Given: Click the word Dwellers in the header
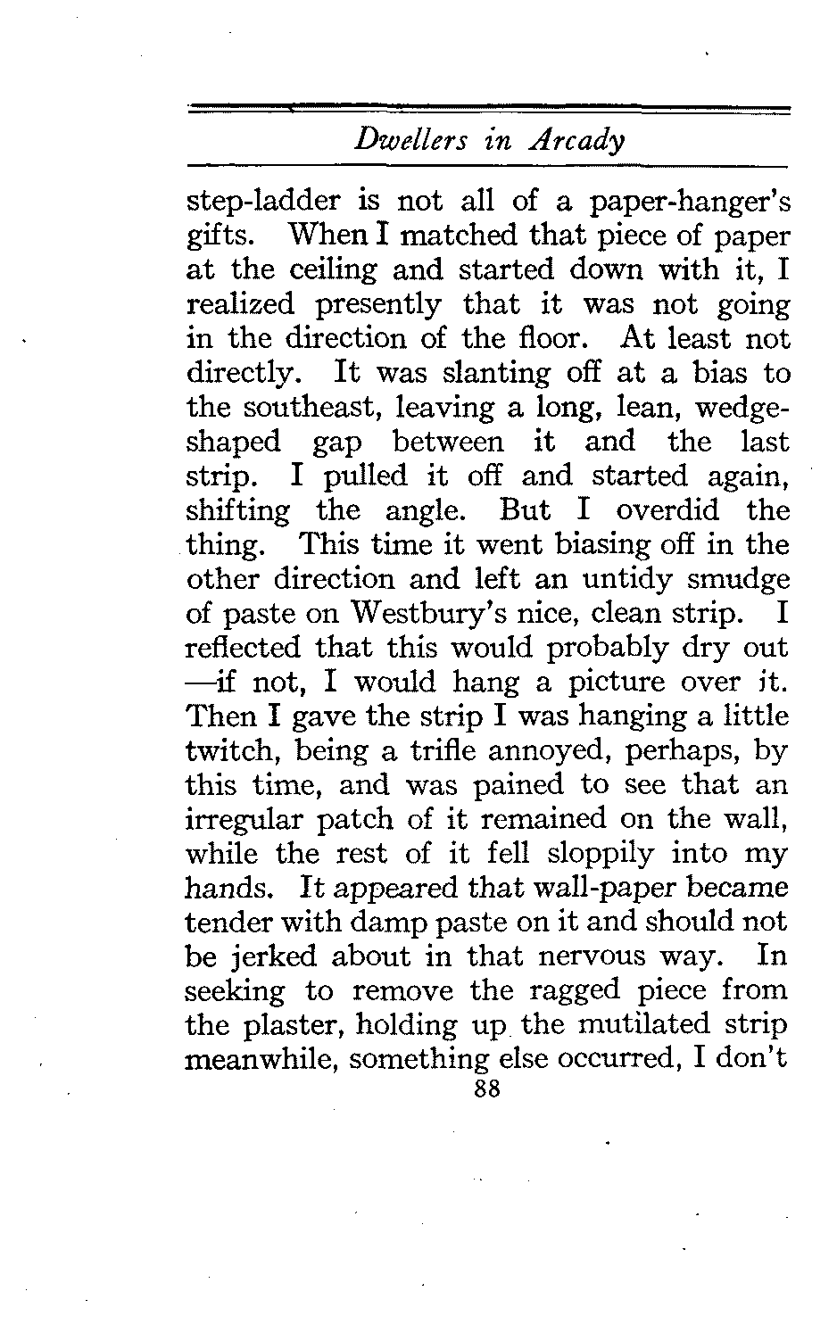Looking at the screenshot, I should click(399, 141).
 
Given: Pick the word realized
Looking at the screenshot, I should click(237, 304).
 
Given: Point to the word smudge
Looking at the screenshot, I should click(742, 579).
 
